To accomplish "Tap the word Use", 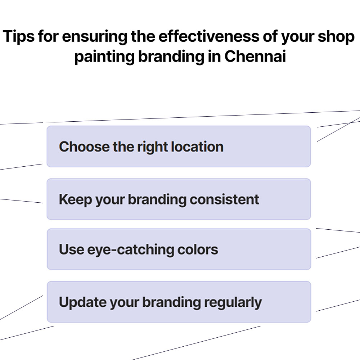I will [71, 249].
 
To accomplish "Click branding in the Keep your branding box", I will [157, 199].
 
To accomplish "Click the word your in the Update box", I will [124, 302].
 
